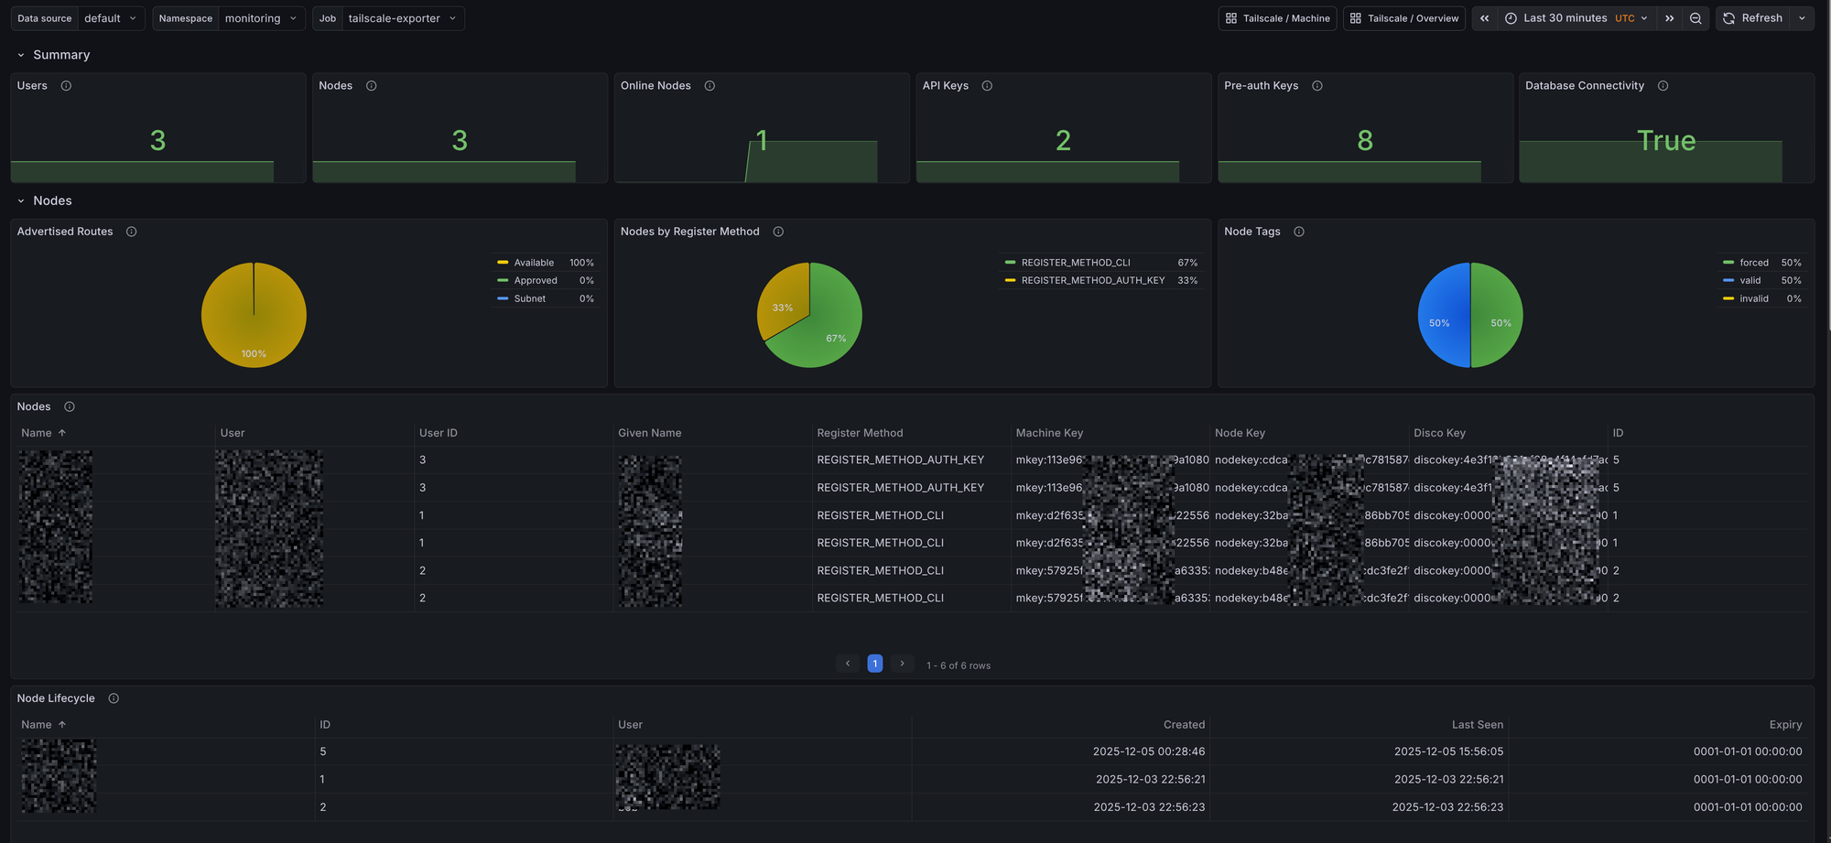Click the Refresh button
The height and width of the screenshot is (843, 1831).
point(1752,18)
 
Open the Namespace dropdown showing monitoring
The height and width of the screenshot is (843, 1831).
point(261,18)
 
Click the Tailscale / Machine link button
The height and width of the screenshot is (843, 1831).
point(1277,18)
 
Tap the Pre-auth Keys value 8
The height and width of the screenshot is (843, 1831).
point(1364,140)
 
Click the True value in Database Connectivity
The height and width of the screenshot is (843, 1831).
point(1665,140)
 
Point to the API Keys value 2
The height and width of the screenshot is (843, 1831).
point(1062,140)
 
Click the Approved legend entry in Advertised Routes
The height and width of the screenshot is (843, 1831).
point(535,281)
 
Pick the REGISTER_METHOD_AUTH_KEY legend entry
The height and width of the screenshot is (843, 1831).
point(1092,281)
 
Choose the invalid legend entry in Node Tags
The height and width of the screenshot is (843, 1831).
point(1753,298)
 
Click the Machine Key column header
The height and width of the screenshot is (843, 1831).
point(1049,433)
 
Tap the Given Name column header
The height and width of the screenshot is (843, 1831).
point(649,433)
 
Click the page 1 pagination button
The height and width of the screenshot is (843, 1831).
point(874,664)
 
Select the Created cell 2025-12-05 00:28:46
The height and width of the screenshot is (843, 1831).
point(1148,751)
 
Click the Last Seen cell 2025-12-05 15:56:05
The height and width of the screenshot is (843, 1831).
point(1448,751)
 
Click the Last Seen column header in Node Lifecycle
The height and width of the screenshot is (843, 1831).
point(1477,725)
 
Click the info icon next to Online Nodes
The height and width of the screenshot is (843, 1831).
point(710,86)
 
